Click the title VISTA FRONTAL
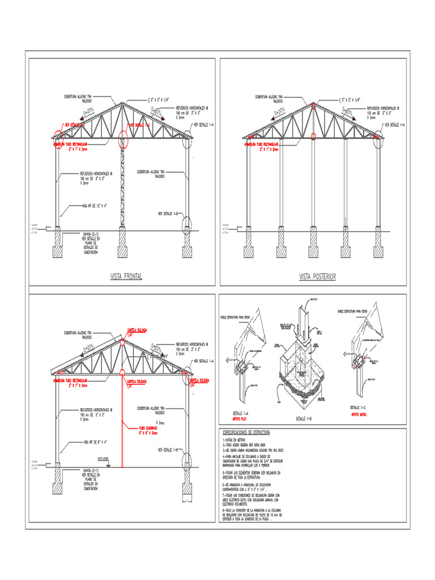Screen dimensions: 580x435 click(126, 276)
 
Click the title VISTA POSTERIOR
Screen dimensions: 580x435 click(317, 276)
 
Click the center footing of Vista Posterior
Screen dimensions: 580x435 click(313, 244)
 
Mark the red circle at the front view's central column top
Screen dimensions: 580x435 click(122, 142)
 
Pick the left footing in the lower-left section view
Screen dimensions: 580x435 click(58, 479)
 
